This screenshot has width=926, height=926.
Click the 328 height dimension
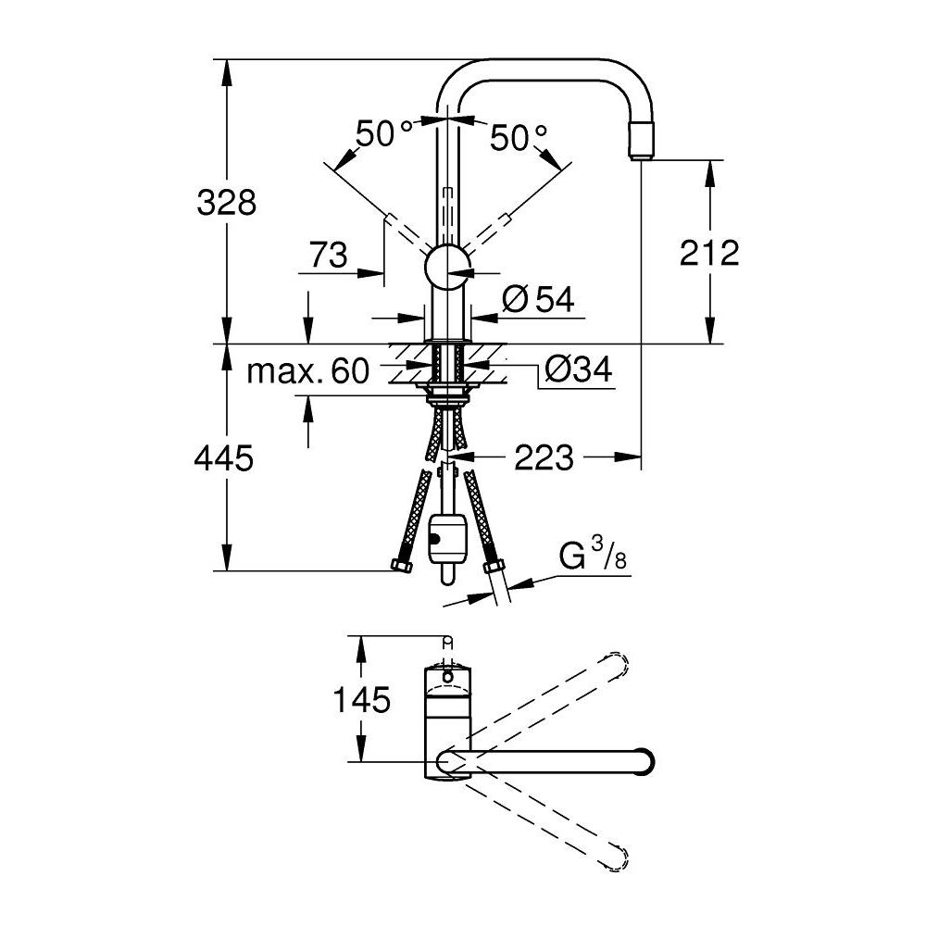pyautogui.click(x=226, y=202)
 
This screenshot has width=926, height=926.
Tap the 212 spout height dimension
pyautogui.click(x=709, y=252)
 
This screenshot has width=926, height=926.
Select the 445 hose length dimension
pyautogui.click(x=223, y=457)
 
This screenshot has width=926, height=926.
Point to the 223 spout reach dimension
pyautogui.click(x=544, y=457)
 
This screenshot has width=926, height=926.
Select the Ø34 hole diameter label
pyautogui.click(x=578, y=371)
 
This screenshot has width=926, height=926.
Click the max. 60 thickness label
pyautogui.click(x=308, y=372)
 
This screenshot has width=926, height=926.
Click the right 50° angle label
pyautogui.click(x=519, y=139)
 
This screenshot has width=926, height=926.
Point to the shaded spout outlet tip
pyautogui.click(x=641, y=142)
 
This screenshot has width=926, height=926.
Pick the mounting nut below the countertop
pyautogui.click(x=450, y=398)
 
